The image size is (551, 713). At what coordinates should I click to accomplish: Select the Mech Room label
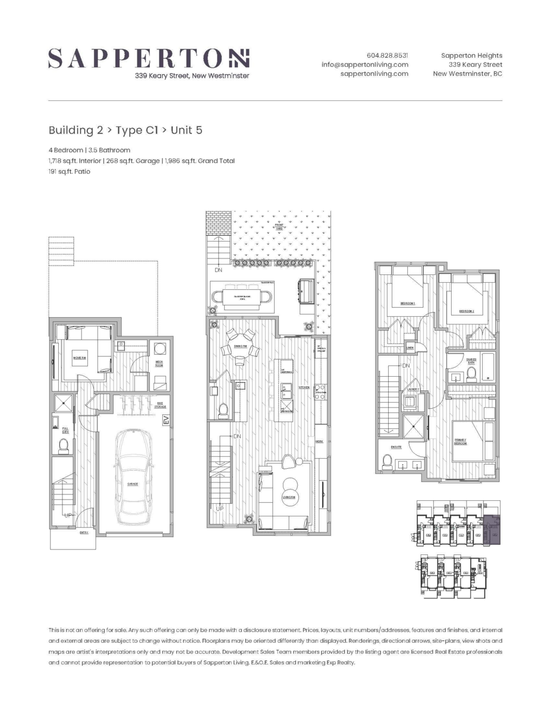point(160,364)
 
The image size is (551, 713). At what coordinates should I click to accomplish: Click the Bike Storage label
point(160,405)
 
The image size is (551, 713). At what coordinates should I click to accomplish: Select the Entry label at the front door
point(84,532)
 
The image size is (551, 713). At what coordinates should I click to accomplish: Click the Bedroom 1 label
point(407,304)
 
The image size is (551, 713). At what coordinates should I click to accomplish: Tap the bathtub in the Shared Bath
point(489,367)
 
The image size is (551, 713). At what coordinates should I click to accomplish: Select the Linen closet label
point(410,348)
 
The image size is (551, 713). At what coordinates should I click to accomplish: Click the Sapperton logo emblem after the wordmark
point(240,58)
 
